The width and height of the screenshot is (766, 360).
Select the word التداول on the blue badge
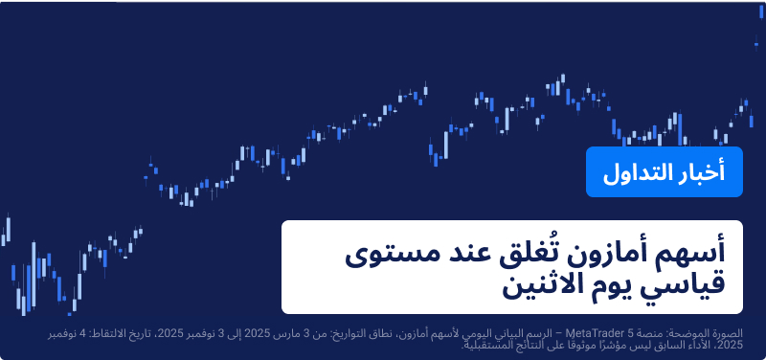(638, 173)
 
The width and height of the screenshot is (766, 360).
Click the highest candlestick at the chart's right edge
(757, 40)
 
